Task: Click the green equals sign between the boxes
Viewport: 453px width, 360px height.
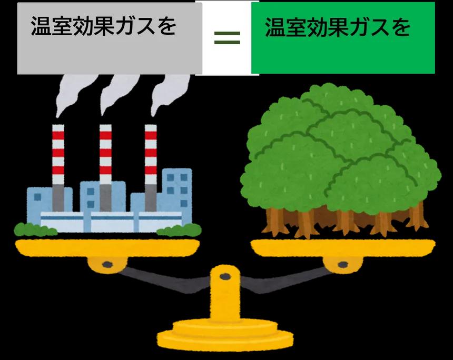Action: tap(226, 37)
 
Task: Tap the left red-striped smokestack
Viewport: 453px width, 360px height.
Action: tap(58, 158)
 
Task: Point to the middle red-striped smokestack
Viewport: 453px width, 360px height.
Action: tap(105, 158)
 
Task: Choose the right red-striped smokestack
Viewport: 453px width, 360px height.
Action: tap(151, 158)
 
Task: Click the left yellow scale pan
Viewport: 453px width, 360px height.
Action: tap(107, 246)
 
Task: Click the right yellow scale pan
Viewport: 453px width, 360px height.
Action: tap(343, 246)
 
